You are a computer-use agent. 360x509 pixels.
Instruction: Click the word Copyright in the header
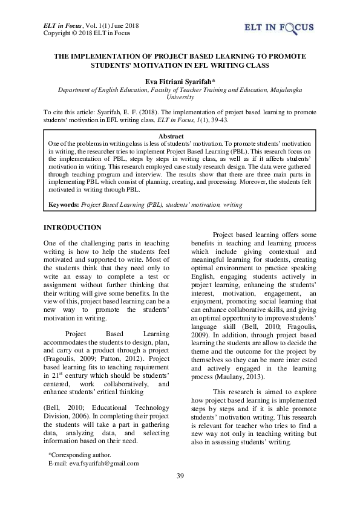pos(57,33)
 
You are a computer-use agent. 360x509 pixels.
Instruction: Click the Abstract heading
pos(180,136)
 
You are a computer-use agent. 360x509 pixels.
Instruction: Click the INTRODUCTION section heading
pos(73,227)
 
